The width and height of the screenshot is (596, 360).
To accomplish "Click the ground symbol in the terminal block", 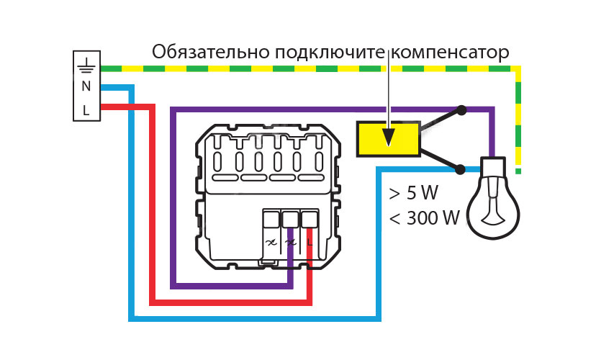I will (x=86, y=65).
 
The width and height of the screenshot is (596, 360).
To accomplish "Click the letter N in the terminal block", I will (x=86, y=86).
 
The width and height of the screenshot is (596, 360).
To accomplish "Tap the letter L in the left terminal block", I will (x=86, y=110).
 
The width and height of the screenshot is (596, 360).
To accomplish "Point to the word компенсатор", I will (x=451, y=53).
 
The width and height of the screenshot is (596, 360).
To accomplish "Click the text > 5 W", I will (x=413, y=193).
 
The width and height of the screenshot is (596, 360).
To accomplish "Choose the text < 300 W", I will (x=424, y=217).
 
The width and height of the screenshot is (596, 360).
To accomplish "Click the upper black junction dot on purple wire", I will (x=461, y=111).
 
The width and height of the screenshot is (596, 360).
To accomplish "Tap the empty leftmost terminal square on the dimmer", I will (x=271, y=220).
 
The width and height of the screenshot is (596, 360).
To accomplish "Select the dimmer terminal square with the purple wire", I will (x=290, y=220).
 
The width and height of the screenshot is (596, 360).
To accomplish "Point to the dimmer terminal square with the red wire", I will (x=310, y=220).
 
